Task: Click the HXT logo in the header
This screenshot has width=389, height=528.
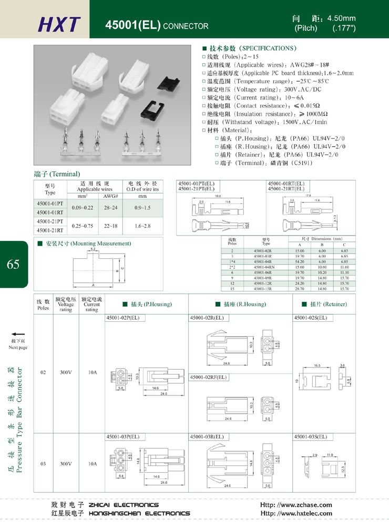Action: [x=59, y=24]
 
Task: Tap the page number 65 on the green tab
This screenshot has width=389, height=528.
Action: [x=14, y=264]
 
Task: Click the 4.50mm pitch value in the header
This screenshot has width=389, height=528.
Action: [x=342, y=18]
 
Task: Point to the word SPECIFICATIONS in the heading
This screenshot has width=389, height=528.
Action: [x=269, y=48]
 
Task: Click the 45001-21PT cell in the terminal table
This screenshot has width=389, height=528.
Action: [x=50, y=221]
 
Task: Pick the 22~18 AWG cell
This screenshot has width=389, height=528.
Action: [x=110, y=226]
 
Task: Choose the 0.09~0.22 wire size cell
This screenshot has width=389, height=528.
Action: [x=83, y=208]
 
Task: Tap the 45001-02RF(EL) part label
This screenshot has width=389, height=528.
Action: [x=208, y=377]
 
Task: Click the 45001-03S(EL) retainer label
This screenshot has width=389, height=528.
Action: [x=311, y=436]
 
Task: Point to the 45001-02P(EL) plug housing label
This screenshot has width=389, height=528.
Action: [x=123, y=318]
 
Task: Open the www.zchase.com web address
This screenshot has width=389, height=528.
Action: [x=296, y=505]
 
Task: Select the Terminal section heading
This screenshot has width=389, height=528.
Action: [x=57, y=174]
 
